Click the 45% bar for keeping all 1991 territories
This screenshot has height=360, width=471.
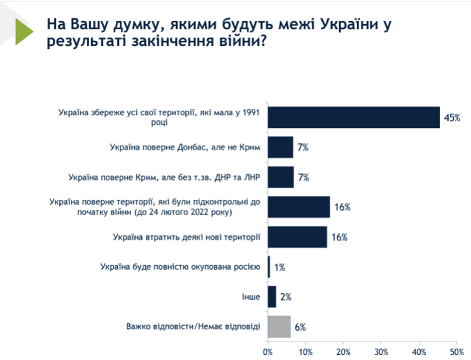point(353,117)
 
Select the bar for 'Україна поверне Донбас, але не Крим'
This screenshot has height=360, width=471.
point(280,147)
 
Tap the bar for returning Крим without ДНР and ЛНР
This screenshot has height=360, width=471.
point(281,177)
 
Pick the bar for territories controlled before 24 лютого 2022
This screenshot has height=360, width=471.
point(299,207)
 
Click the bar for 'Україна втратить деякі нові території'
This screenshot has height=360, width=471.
point(297,237)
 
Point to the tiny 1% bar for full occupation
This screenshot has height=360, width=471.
point(269,267)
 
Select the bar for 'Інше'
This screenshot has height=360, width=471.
point(272,296)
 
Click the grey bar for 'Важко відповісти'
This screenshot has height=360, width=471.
point(279,326)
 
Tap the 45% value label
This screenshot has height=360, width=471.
point(452,118)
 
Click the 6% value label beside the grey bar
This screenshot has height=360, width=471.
point(300,327)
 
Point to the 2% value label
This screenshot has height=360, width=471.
point(286,297)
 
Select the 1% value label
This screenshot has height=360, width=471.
point(279,267)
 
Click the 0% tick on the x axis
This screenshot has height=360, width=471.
point(268,351)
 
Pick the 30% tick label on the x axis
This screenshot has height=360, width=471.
point(381,351)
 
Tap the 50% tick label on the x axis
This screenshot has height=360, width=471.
point(456,351)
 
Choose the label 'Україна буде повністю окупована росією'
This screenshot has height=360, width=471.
point(180,267)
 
